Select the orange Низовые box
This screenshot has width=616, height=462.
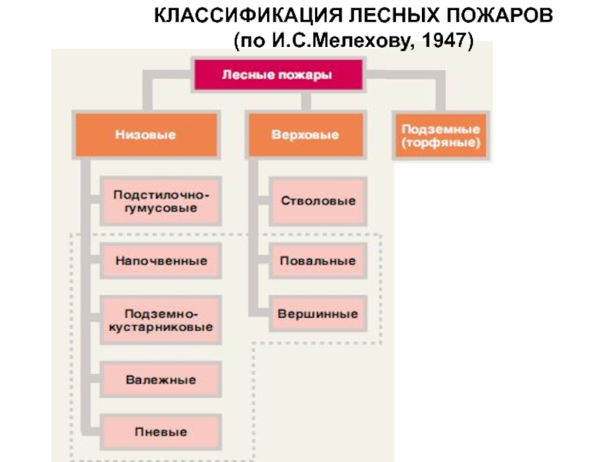(146, 135)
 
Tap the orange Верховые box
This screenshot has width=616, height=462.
(305, 135)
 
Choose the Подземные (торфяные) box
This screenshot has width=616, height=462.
(440, 136)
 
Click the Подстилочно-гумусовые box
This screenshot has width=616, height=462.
(161, 202)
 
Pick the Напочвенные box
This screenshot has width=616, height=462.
(161, 261)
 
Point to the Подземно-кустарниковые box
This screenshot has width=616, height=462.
(161, 321)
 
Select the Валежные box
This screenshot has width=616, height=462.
(161, 380)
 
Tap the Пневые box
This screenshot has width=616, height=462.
(161, 432)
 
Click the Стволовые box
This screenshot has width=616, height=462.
(318, 201)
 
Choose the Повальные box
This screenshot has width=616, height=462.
(318, 261)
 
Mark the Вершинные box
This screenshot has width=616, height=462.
(318, 314)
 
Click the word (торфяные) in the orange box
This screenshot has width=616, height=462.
(440, 143)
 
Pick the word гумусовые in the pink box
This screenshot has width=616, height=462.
(161, 209)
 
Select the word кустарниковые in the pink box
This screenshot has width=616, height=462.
(161, 328)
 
